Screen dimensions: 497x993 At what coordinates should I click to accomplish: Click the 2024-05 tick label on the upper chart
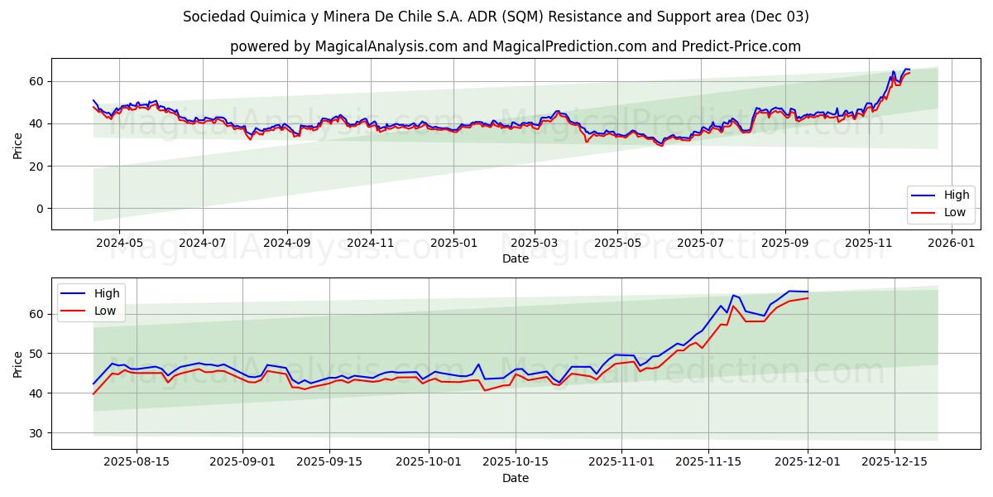[x=119, y=244]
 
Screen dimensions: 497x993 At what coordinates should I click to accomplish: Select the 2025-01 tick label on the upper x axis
[x=453, y=244]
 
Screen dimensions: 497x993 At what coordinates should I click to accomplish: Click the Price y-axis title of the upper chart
[x=18, y=144]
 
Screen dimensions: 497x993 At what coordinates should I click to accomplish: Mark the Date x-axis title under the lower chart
[x=515, y=478]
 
